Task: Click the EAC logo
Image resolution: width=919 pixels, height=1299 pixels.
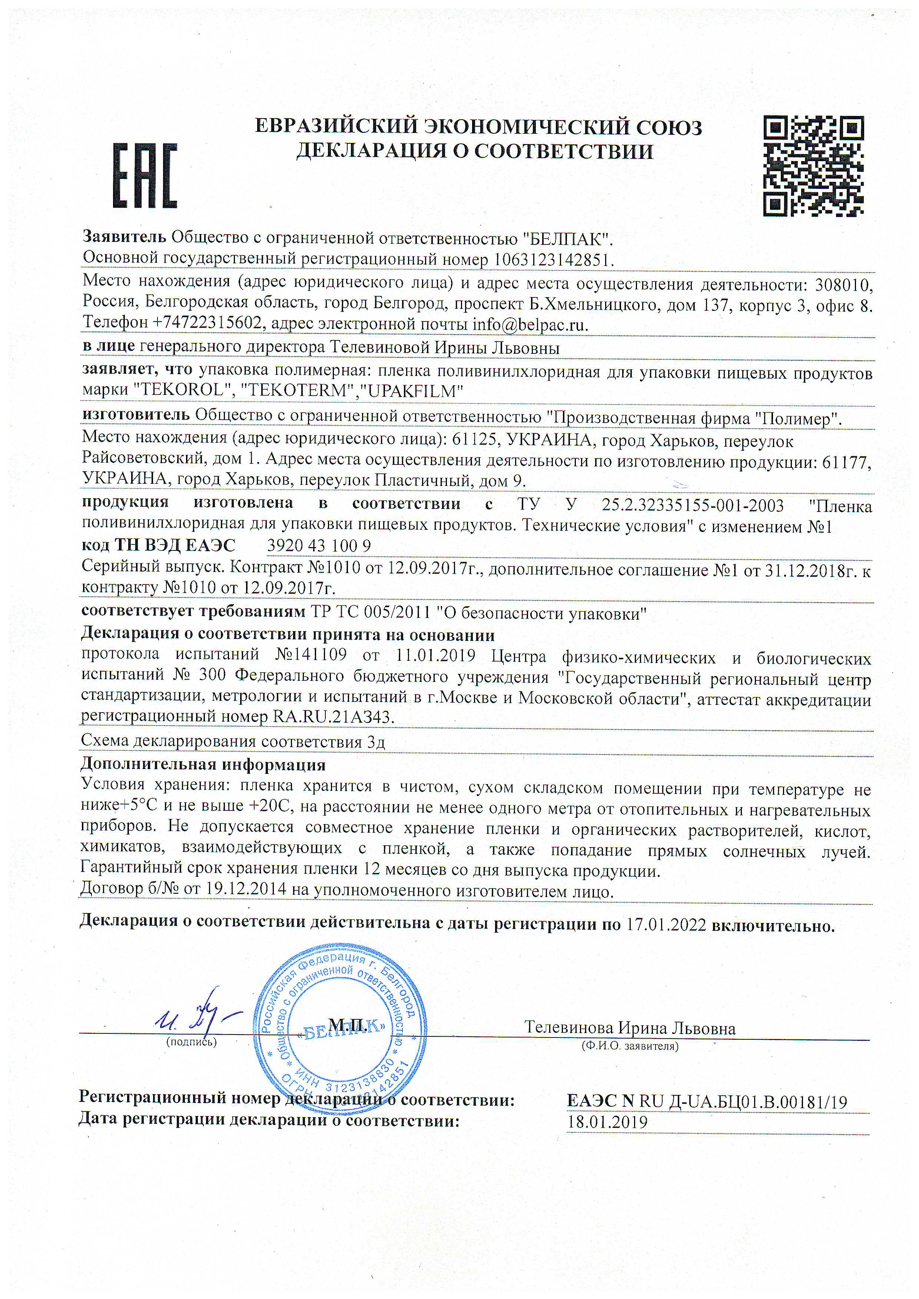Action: tap(146, 175)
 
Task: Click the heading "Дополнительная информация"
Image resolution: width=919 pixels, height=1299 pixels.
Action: tap(203, 765)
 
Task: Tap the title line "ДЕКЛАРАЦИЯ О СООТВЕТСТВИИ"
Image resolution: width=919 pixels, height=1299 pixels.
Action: tap(475, 151)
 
